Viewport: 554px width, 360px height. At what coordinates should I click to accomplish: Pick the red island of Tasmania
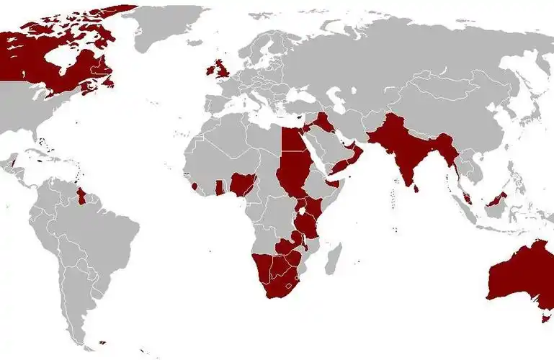pos(545,315)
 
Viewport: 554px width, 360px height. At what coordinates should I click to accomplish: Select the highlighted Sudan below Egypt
pos(292,173)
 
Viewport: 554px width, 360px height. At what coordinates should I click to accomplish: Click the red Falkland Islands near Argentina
pos(103,343)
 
